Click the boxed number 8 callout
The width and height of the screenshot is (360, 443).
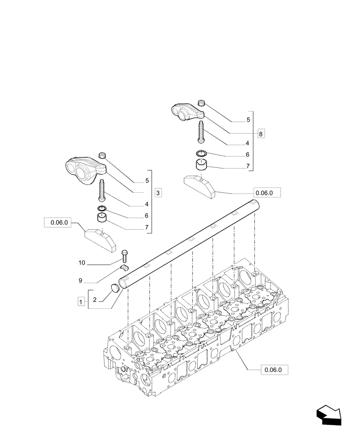click(x=261, y=133)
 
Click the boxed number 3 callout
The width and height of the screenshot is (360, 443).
click(x=158, y=193)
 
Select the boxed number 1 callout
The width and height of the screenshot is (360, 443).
click(x=81, y=302)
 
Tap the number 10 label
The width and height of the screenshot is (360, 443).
click(x=82, y=263)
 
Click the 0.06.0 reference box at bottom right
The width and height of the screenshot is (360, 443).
click(x=275, y=369)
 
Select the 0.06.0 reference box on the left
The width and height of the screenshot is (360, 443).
click(x=58, y=223)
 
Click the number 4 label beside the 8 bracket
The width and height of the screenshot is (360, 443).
click(x=247, y=143)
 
